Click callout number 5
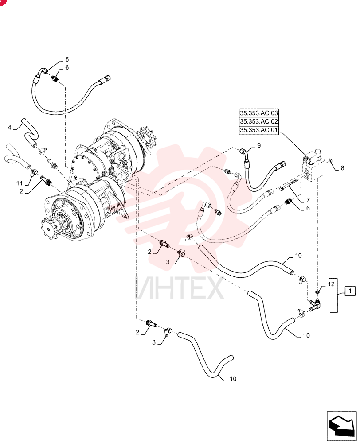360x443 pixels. pyautogui.click(x=67, y=59)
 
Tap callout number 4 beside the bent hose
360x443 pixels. pyautogui.click(x=9, y=128)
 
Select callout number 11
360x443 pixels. pyautogui.click(x=19, y=183)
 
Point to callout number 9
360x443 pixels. pyautogui.click(x=259, y=145)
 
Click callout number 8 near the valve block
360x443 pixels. pyautogui.click(x=342, y=168)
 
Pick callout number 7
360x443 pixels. pyautogui.click(x=308, y=200)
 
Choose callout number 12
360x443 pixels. pyautogui.click(x=331, y=284)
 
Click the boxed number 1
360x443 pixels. pyautogui.click(x=350, y=291)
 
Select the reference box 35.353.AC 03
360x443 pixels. pyautogui.click(x=259, y=113)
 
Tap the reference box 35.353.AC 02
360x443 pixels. pyautogui.click(x=259, y=121)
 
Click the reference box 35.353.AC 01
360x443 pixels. pyautogui.click(x=259, y=130)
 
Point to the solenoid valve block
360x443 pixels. pyautogui.click(x=313, y=167)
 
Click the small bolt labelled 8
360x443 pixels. pyautogui.click(x=330, y=161)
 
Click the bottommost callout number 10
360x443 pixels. pyautogui.click(x=233, y=379)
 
